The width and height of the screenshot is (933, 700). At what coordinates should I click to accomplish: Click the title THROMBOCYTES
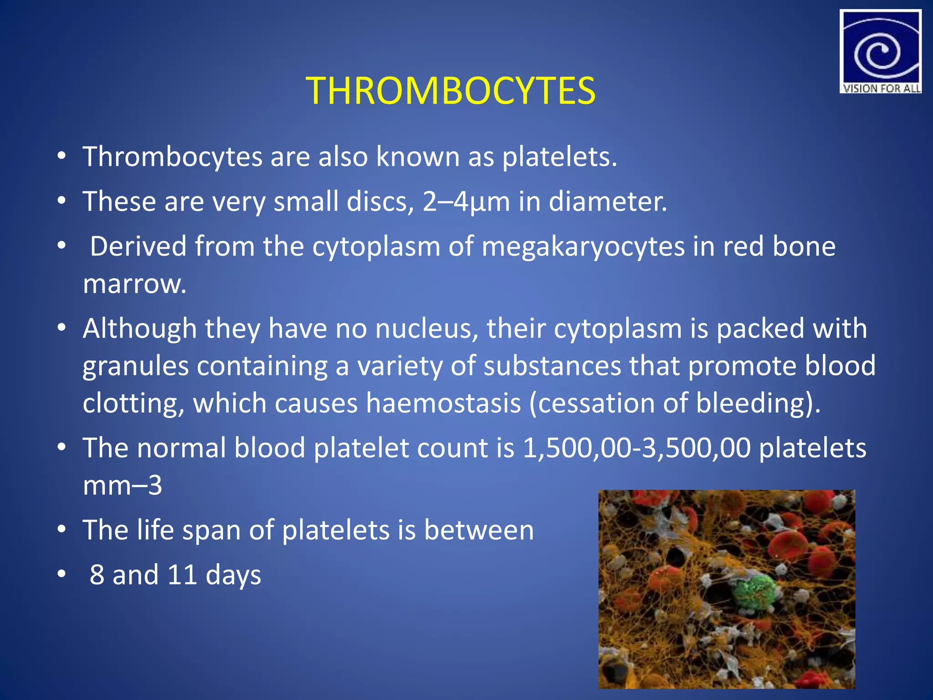(x=450, y=91)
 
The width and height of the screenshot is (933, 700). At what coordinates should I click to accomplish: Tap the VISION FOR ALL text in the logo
(x=881, y=88)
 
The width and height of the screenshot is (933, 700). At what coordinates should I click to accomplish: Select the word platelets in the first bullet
(x=559, y=157)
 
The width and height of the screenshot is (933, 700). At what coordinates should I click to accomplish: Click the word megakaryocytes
(x=583, y=247)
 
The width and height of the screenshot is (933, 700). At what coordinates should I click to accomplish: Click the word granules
(x=135, y=366)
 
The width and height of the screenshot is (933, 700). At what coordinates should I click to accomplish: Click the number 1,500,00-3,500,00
(x=636, y=448)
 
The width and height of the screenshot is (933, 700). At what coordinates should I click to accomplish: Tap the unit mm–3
(x=122, y=485)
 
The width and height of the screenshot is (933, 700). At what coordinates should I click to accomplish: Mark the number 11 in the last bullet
(x=182, y=575)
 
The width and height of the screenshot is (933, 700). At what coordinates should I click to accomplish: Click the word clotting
(x=133, y=403)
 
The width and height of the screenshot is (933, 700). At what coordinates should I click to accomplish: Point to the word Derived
(x=138, y=247)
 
